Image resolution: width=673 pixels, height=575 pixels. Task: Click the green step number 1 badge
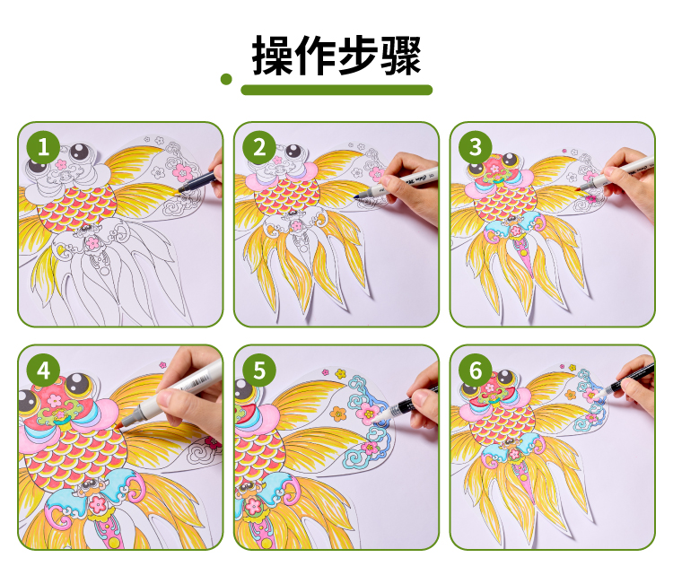coord(43,147)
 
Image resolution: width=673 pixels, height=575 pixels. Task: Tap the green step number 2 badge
coord(259,147)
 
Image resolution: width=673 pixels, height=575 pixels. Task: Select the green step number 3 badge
coord(475,147)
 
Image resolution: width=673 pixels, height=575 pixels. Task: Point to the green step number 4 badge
coord(43,370)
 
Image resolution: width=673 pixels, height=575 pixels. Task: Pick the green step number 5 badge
coord(259,370)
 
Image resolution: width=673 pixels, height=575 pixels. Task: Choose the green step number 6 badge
coord(475,370)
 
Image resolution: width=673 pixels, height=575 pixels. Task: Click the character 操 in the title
coord(273,55)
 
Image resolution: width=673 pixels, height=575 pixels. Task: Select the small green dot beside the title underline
coord(226,79)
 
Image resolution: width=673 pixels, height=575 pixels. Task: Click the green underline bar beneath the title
coord(336,90)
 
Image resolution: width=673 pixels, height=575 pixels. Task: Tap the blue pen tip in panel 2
coord(357,196)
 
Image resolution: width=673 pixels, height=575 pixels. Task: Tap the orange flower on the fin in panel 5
coord(338,414)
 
